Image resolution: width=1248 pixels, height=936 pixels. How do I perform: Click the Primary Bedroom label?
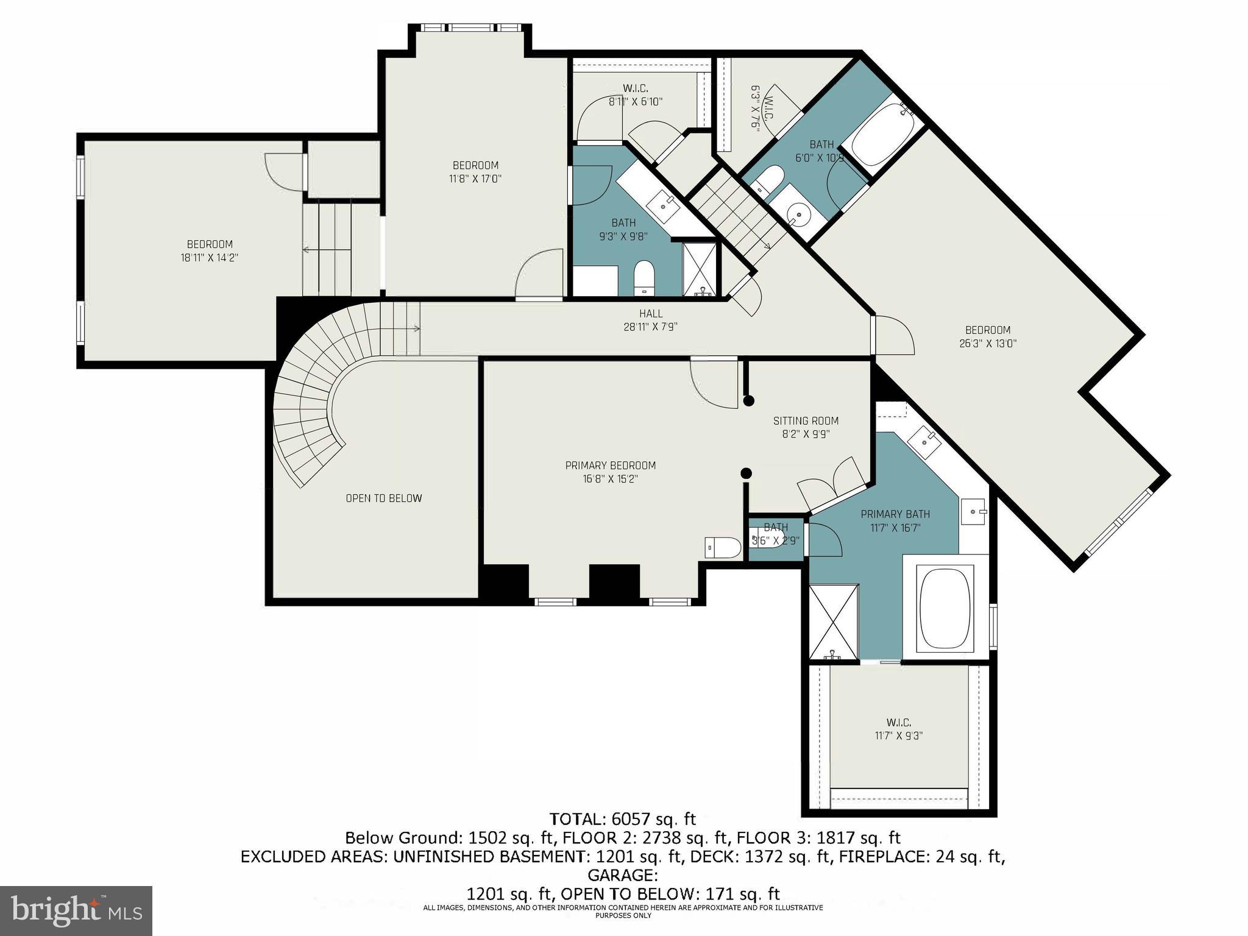point(610,466)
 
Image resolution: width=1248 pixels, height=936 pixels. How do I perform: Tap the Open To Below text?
point(383,498)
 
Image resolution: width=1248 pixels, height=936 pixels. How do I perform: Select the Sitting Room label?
point(806,421)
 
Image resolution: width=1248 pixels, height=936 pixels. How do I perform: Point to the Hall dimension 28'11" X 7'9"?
point(650,327)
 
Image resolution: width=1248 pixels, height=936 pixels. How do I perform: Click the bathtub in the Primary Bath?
point(944,610)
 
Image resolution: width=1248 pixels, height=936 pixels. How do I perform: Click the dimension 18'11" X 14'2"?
point(209,258)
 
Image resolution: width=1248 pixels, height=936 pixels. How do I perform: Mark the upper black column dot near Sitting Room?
point(749,401)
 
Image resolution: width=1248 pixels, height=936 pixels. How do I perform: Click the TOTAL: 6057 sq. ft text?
point(622,818)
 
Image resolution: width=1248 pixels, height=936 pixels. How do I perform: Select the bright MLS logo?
point(76,911)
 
